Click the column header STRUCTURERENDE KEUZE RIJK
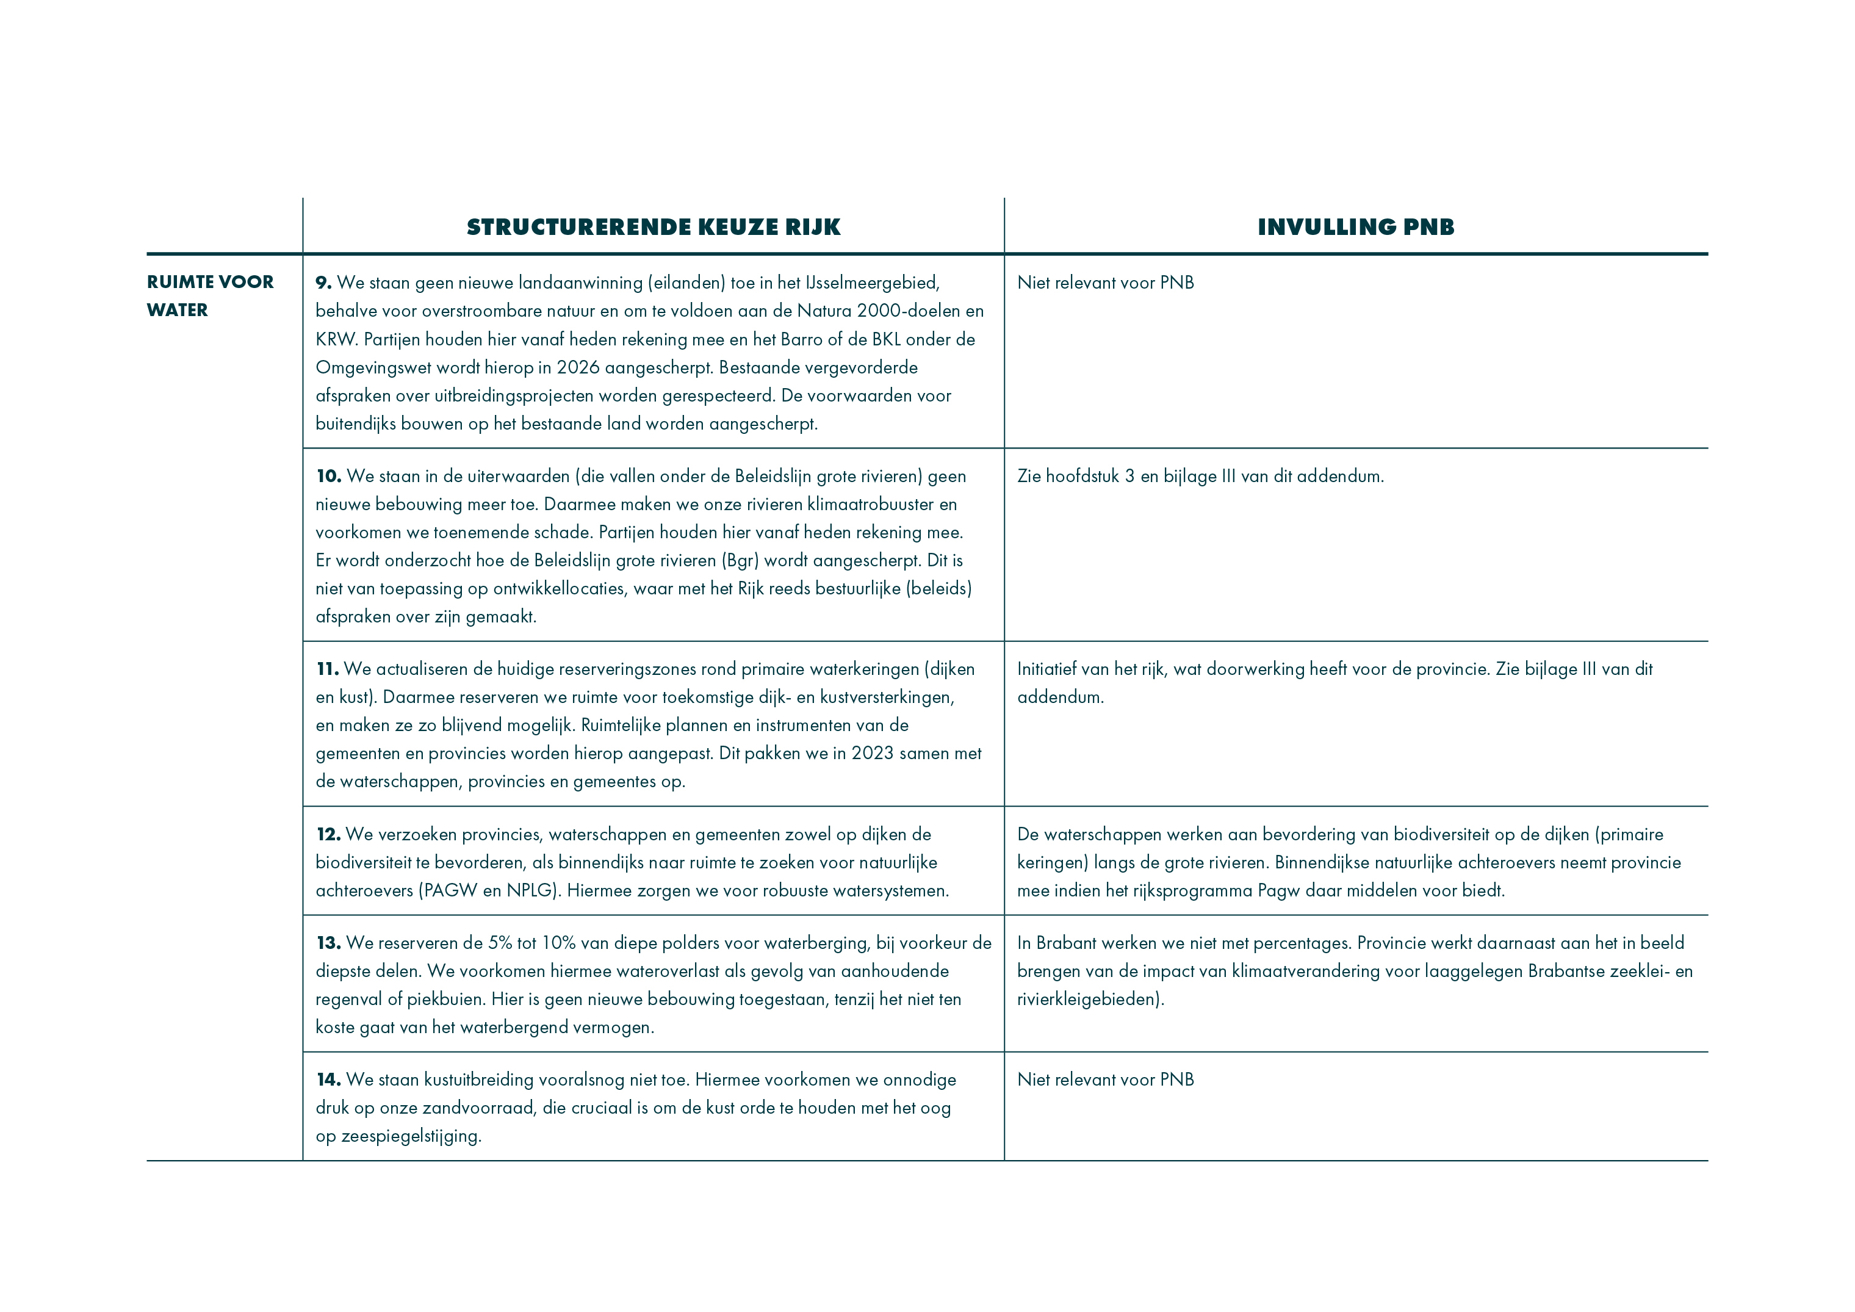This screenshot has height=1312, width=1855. click(x=653, y=227)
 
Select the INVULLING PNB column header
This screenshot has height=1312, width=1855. click(x=1356, y=227)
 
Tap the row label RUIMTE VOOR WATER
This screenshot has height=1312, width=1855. click(x=209, y=296)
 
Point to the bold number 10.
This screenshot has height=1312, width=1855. click(x=328, y=476)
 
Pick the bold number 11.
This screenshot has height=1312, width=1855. click(x=327, y=669)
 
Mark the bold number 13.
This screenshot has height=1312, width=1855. click(x=328, y=943)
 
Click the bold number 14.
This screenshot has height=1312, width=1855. click(x=328, y=1080)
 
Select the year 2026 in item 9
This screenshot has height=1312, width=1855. click(x=578, y=367)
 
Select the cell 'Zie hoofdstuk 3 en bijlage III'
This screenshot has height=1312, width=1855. click(x=1200, y=476)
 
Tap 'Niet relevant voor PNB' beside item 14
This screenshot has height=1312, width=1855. click(x=1105, y=1080)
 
